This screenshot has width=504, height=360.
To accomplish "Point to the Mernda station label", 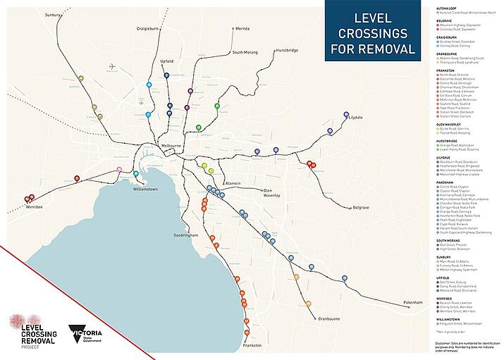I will (x=242, y=29).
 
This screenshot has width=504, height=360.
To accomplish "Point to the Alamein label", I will (x=233, y=182).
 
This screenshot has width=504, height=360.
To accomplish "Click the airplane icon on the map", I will (x=113, y=68).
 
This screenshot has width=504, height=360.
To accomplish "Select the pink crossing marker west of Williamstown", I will (x=118, y=170).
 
